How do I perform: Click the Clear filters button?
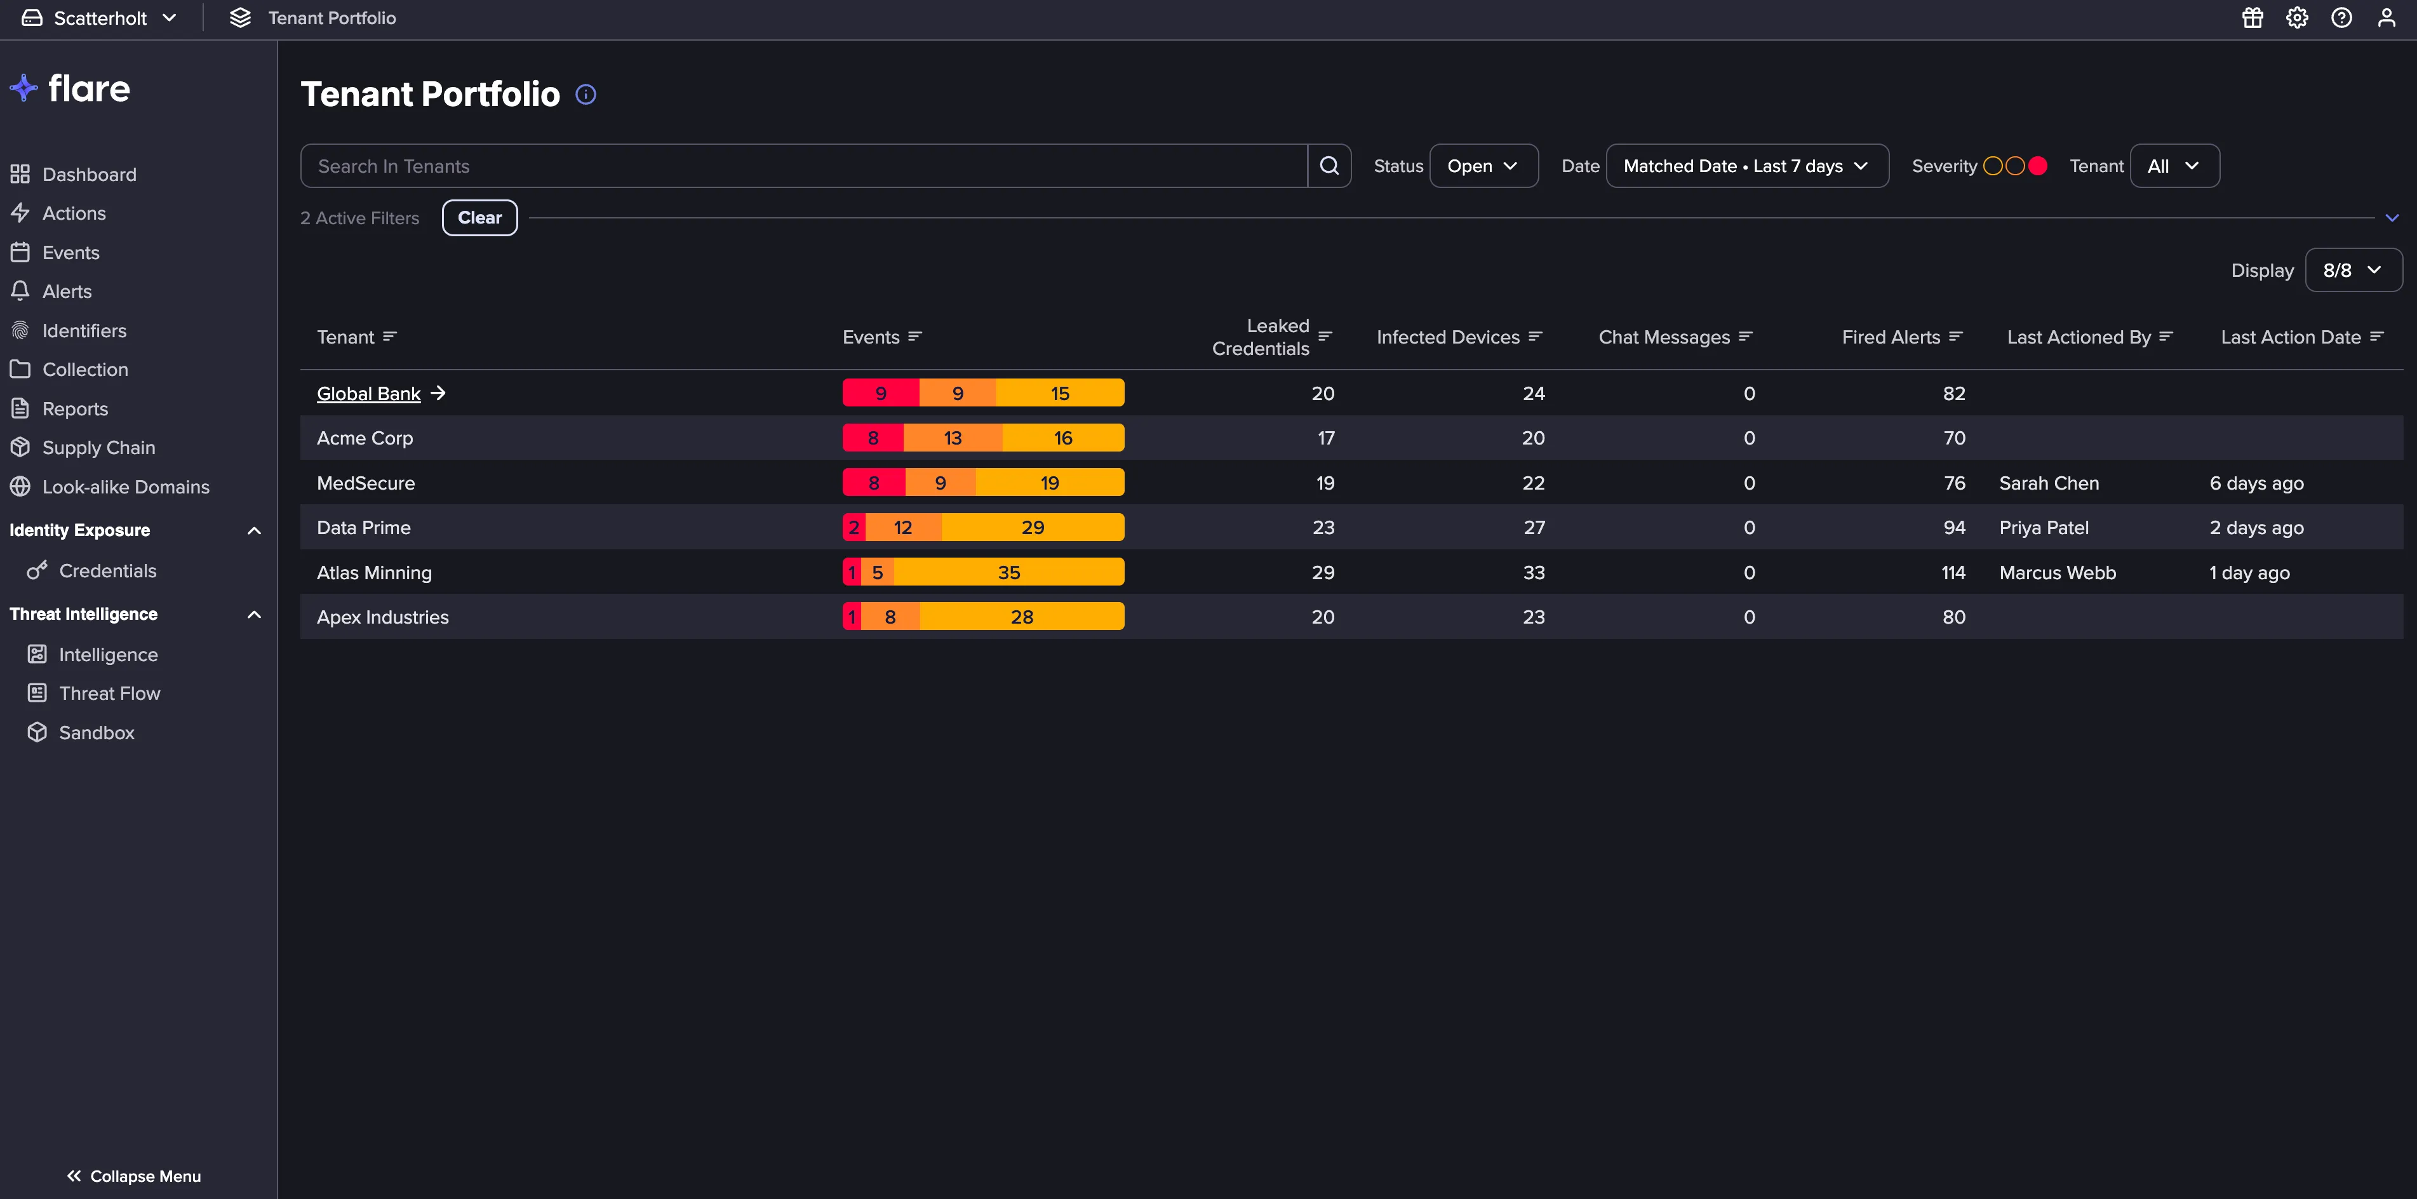tap(479, 218)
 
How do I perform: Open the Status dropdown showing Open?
tap(1482, 166)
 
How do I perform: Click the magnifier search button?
tap(1329, 166)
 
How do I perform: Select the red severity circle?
tap(2037, 166)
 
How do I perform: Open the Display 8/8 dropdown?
tap(2353, 270)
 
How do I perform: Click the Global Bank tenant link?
tap(369, 394)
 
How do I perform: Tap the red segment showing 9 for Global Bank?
tap(881, 393)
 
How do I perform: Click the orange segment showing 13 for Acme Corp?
tap(953, 438)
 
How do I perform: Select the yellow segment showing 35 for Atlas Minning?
tap(1008, 572)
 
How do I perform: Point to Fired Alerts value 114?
tap(1953, 572)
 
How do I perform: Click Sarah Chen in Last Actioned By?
tap(2049, 483)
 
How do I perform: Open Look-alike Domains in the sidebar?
tap(126, 487)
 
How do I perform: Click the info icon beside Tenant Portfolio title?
tap(586, 95)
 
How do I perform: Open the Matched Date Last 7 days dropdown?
tap(1747, 166)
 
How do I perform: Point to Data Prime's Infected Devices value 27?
tap(1534, 527)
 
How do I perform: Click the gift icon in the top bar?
tap(2253, 18)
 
